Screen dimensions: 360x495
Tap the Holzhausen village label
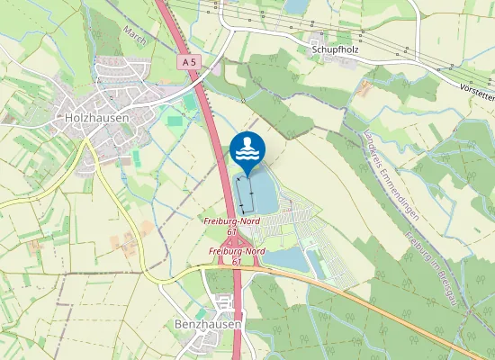pyautogui.click(x=97, y=117)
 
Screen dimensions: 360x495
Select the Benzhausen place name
pyautogui.click(x=207, y=321)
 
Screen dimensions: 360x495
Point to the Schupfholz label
pyautogui.click(x=336, y=49)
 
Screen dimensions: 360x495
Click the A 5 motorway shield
pyautogui.click(x=187, y=62)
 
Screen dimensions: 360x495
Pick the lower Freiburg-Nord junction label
pyautogui.click(x=238, y=251)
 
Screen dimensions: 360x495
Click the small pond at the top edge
pyautogui.click(x=295, y=7)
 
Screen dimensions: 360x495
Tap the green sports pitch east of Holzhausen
pyautogui.click(x=173, y=119)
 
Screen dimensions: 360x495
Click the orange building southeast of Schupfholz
pyautogui.click(x=365, y=89)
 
